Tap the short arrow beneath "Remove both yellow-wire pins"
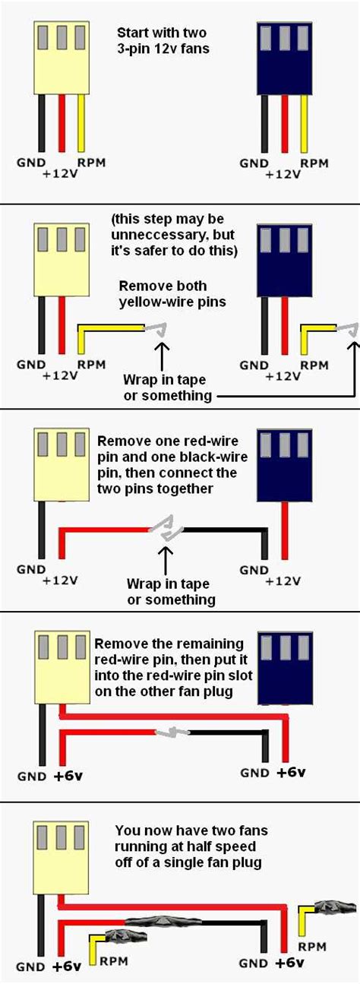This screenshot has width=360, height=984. pyautogui.click(x=161, y=352)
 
